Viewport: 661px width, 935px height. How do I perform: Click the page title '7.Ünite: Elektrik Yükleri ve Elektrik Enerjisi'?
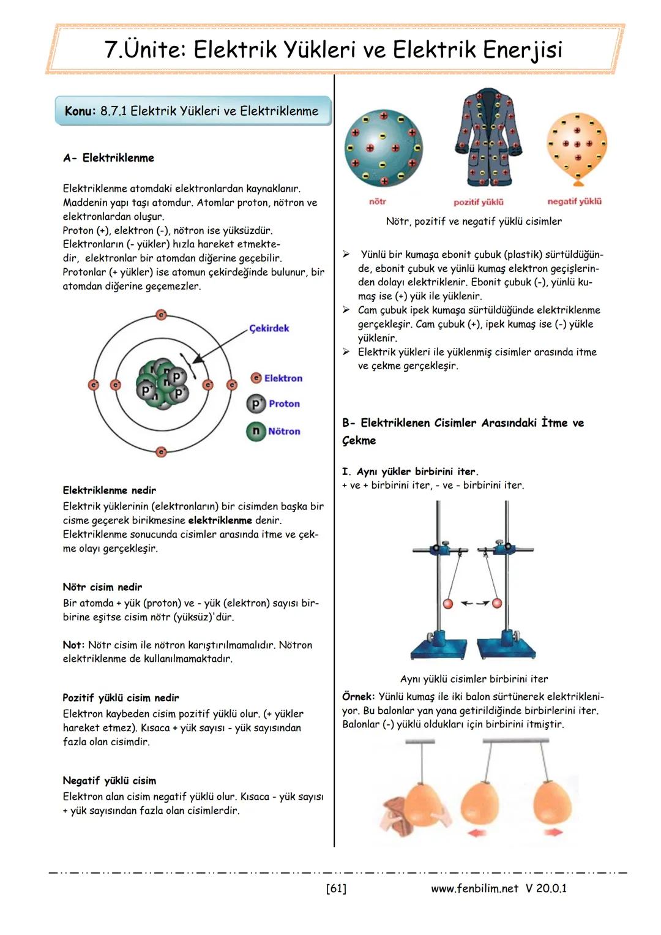pyautogui.click(x=334, y=50)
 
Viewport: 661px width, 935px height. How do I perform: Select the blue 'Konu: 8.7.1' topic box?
pyautogui.click(x=193, y=111)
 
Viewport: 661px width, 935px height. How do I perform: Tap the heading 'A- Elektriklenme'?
pyautogui.click(x=108, y=158)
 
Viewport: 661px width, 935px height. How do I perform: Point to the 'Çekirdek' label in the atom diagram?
pyautogui.click(x=269, y=328)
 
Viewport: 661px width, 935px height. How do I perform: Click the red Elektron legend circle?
pyautogui.click(x=256, y=378)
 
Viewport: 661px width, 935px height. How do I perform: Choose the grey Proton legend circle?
pyautogui.click(x=255, y=404)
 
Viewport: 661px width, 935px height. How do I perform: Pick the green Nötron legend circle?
pyautogui.click(x=255, y=431)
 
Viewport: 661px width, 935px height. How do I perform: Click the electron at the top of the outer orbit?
pyautogui.click(x=162, y=315)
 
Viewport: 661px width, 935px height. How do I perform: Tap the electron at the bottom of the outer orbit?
pyautogui.click(x=162, y=452)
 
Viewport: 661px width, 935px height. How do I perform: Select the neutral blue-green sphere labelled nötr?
pyautogui.click(x=384, y=148)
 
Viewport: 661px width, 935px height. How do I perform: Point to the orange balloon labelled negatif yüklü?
pyautogui.click(x=577, y=147)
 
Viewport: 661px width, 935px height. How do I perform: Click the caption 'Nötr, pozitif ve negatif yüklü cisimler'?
pyautogui.click(x=473, y=221)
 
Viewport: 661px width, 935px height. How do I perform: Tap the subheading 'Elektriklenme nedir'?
pyautogui.click(x=109, y=490)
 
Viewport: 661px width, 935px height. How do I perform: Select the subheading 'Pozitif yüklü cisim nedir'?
pyautogui.click(x=121, y=698)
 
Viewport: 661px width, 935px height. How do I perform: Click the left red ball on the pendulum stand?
pyautogui.click(x=448, y=604)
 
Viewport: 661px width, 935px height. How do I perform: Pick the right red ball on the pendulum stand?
pyautogui.click(x=497, y=604)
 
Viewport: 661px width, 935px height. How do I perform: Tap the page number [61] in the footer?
pyautogui.click(x=336, y=888)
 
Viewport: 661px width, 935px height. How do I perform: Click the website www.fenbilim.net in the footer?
pyautogui.click(x=474, y=888)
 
